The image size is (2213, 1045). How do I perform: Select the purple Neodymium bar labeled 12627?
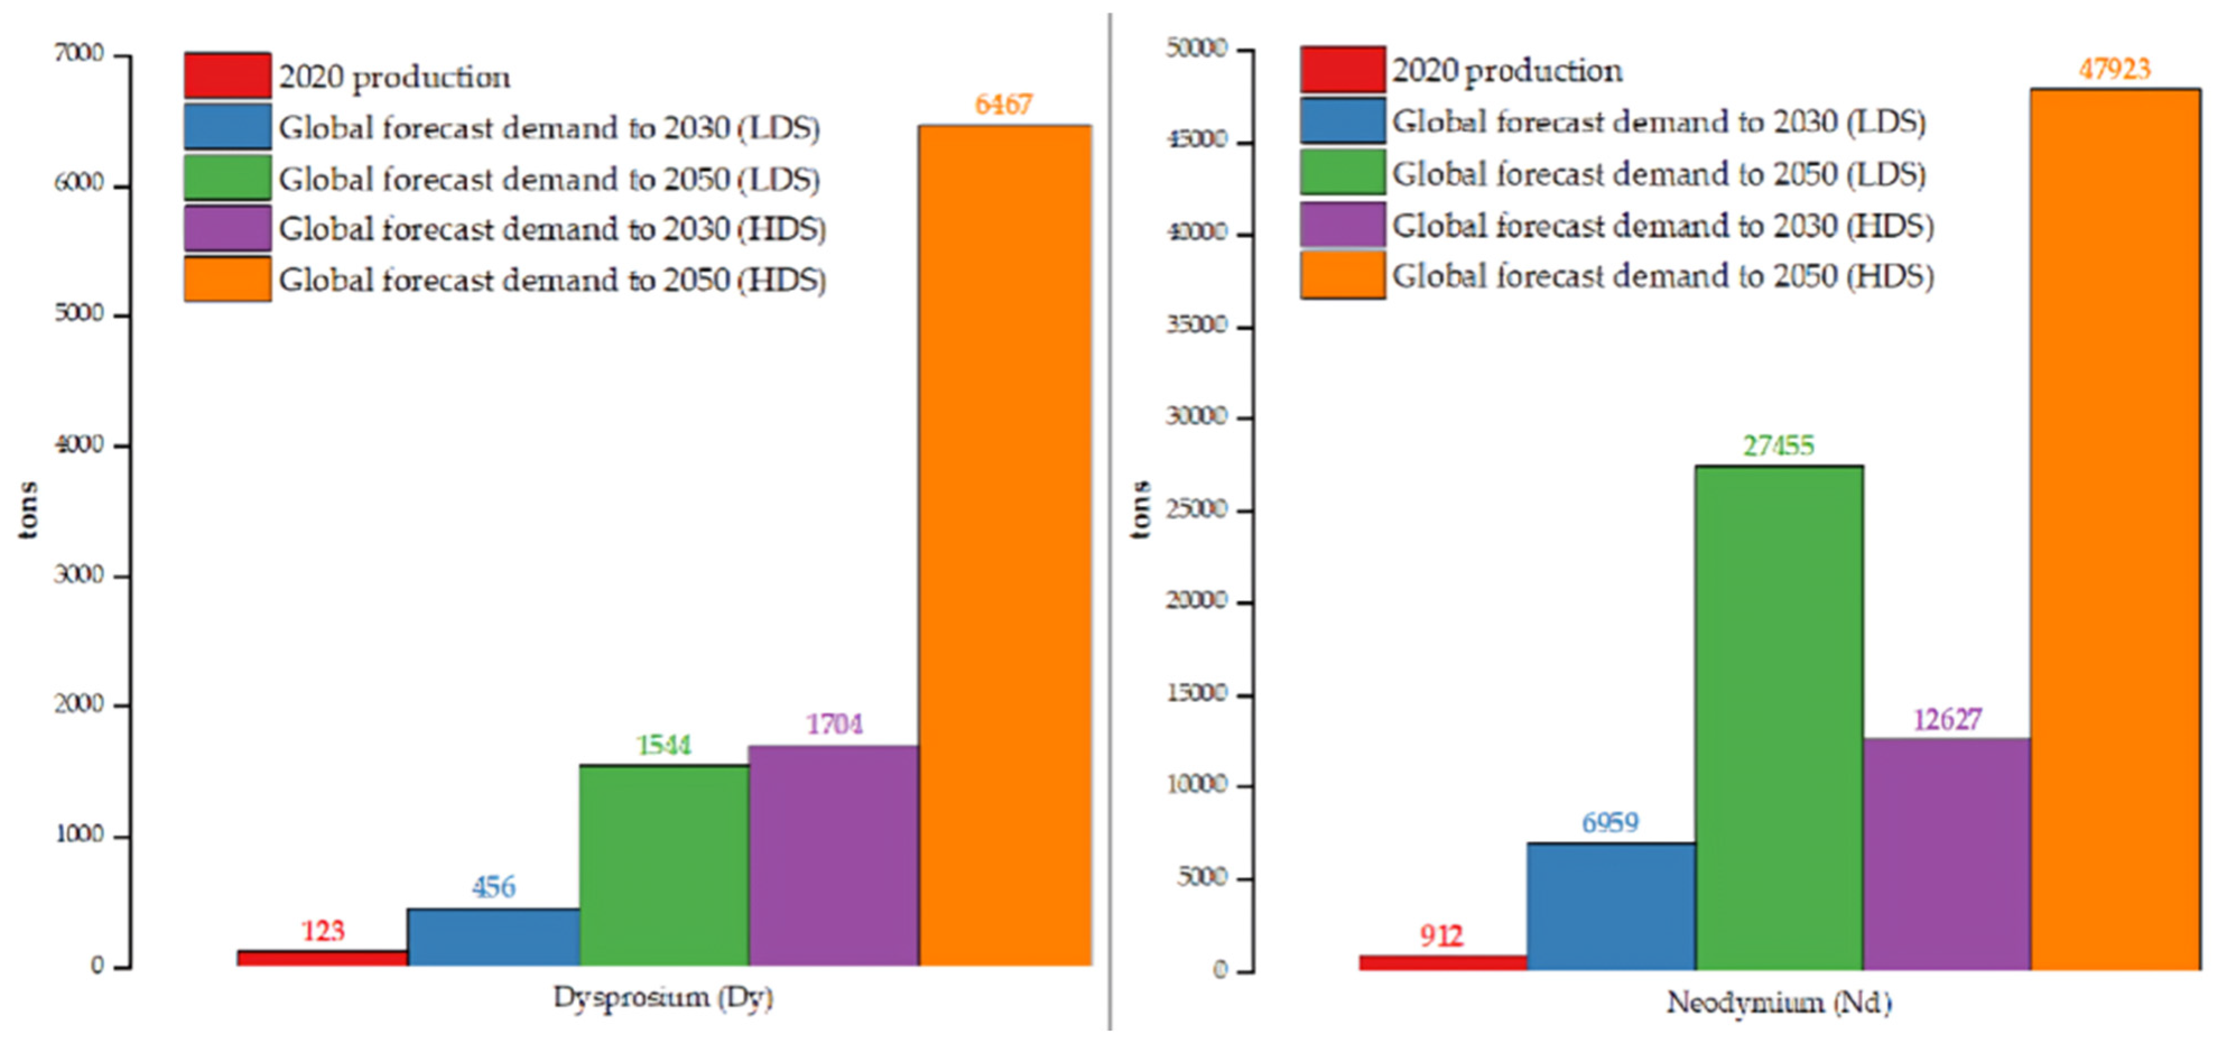tap(1947, 854)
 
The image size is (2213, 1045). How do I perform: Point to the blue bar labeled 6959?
tap(1611, 907)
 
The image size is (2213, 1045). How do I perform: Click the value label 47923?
tap(2114, 69)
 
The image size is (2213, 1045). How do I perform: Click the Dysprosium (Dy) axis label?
tap(662, 998)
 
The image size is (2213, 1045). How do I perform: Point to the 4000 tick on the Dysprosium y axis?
tap(79, 445)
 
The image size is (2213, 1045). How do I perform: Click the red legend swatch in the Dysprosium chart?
tap(227, 76)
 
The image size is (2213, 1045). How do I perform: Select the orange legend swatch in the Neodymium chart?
tap(1342, 275)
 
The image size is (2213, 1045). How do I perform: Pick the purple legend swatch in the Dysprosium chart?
tap(227, 227)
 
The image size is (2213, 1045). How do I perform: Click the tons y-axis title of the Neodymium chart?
tap(1140, 509)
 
